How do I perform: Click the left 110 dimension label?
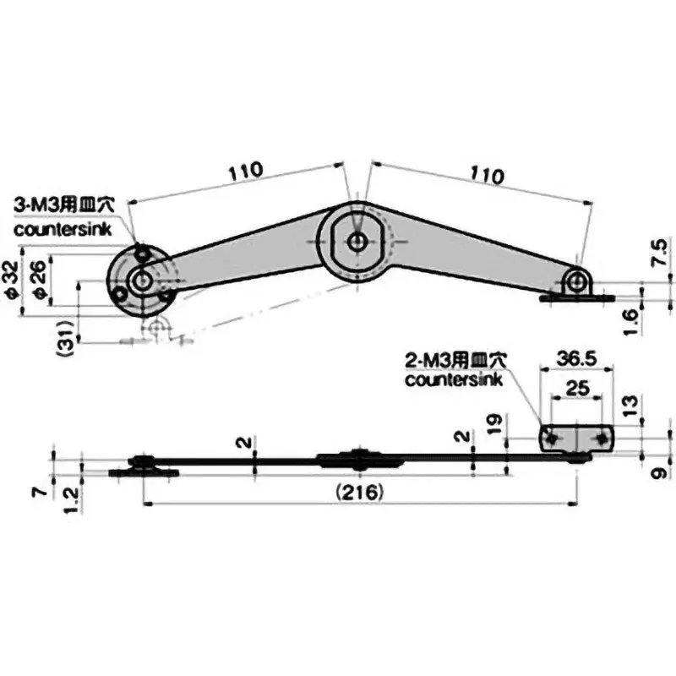246,171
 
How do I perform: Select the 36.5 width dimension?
577,358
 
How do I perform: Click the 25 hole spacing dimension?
577,389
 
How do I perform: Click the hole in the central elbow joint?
358,241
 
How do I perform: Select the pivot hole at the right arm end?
578,280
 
